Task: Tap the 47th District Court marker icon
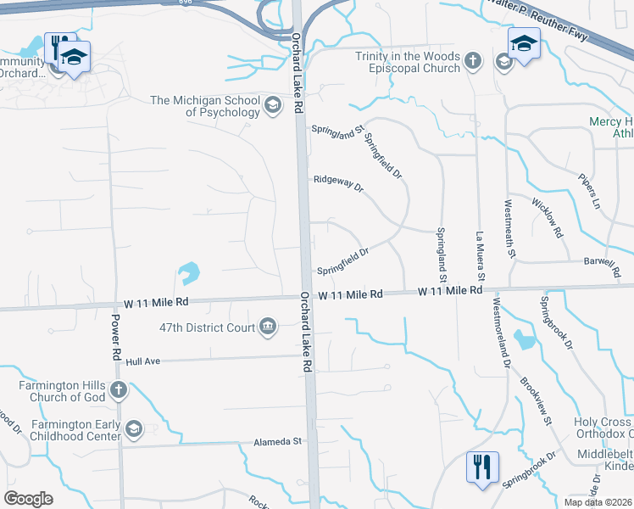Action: click(268, 327)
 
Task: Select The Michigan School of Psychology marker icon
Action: click(272, 106)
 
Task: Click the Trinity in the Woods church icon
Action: click(473, 61)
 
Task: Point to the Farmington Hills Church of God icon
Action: click(118, 390)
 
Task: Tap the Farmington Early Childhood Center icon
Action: click(133, 430)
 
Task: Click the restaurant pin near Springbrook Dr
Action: click(482, 467)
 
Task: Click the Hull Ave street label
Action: click(142, 361)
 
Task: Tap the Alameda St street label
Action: click(278, 442)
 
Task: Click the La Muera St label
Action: click(480, 256)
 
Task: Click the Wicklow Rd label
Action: click(547, 217)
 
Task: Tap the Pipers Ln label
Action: click(589, 193)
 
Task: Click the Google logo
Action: click(28, 499)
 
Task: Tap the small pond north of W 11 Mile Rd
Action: click(188, 273)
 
